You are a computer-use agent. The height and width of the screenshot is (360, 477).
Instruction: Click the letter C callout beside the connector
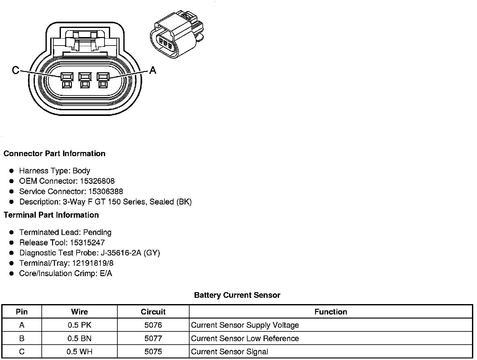[x=15, y=70]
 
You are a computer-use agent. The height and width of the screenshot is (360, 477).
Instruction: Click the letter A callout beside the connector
[x=153, y=70]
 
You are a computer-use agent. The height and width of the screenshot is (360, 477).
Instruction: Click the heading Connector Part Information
[x=54, y=154]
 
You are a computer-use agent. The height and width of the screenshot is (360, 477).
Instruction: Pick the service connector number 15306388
[x=106, y=192]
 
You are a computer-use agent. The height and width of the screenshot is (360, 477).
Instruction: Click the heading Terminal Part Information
[x=51, y=215]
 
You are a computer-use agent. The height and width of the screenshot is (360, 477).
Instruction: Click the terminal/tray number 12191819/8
[x=93, y=263]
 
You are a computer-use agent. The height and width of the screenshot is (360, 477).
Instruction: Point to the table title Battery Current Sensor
[x=237, y=295]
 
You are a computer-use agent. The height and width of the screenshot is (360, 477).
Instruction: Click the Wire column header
[x=79, y=312]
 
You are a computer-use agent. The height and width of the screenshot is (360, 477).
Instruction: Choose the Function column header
[x=331, y=312]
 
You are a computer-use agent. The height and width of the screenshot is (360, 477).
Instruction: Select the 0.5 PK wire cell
[x=79, y=325]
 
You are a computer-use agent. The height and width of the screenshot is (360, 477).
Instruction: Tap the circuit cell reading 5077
[x=153, y=339]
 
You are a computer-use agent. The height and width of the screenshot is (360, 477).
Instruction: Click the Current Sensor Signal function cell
[x=229, y=352]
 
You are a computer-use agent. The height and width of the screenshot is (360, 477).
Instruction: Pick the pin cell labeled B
[x=22, y=339]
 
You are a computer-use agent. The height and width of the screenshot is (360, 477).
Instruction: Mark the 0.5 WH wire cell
[x=79, y=352]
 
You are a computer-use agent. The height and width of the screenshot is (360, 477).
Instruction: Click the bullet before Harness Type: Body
[x=12, y=171]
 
